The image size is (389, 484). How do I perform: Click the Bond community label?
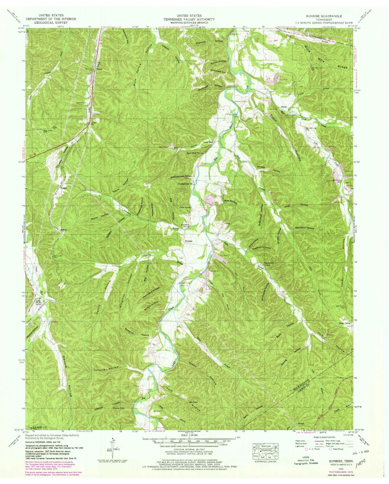point(283,107)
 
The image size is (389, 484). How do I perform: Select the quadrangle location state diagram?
point(264,452)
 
